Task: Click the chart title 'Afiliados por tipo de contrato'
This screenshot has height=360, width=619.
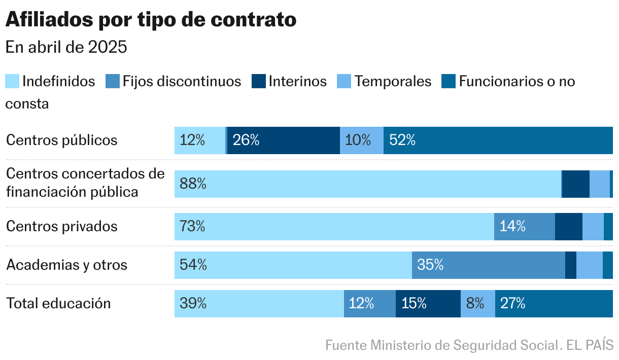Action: point(151,20)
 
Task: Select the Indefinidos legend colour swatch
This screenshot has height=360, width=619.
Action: point(12,81)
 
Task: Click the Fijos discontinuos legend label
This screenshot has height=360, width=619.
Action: point(182,81)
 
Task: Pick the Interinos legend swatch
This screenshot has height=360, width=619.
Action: point(258,81)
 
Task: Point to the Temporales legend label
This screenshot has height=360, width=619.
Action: point(393,81)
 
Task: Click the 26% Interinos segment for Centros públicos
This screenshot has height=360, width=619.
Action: point(283,140)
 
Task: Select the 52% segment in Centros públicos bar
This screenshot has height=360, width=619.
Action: point(498,140)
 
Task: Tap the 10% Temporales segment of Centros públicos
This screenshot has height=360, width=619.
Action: point(361,140)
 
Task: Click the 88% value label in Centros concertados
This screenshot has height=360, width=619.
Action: point(193,184)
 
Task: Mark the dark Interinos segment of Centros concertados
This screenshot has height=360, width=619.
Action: point(576,184)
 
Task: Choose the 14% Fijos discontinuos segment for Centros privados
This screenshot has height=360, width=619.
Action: point(524,226)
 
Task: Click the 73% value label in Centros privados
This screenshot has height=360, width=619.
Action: point(193,226)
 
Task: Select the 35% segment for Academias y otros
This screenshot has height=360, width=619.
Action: point(488,265)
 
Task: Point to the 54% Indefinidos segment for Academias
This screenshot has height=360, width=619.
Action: point(293,265)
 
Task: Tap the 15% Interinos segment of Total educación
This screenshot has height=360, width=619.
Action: point(428,304)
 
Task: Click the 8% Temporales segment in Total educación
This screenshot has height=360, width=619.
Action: point(477,304)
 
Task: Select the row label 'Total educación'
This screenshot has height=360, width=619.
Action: point(58,303)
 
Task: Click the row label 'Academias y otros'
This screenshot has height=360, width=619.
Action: point(66,265)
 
